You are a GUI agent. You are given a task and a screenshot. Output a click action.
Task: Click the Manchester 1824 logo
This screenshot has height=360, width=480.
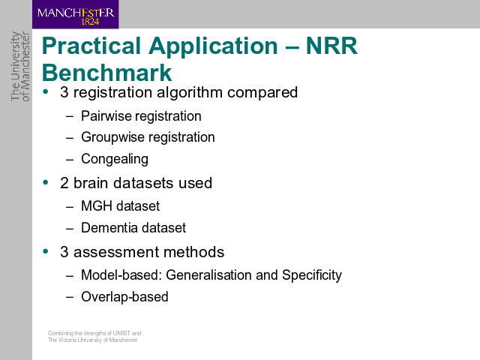(75, 14)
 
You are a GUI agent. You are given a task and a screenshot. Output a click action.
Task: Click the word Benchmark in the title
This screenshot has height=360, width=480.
(106, 73)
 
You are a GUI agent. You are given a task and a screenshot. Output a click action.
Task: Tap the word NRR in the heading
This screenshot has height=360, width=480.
(331, 46)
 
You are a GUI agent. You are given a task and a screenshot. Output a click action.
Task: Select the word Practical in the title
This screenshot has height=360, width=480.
(91, 46)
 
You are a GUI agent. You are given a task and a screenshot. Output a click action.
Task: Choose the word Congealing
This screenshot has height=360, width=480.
(115, 159)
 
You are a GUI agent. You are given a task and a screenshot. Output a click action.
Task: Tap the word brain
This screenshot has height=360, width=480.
(91, 183)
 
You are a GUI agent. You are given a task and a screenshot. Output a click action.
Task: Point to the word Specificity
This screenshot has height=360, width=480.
(312, 275)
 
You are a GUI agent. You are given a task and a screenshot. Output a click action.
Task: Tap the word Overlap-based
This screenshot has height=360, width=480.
(125, 297)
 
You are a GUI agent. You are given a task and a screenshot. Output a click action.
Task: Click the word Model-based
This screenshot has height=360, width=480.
(121, 275)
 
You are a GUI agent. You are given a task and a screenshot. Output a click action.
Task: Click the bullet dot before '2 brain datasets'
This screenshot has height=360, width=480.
(46, 182)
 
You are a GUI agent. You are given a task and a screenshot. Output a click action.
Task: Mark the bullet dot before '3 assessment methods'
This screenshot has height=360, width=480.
(46, 252)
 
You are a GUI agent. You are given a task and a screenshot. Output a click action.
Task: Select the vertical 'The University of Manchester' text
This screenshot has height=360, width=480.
(20, 67)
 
